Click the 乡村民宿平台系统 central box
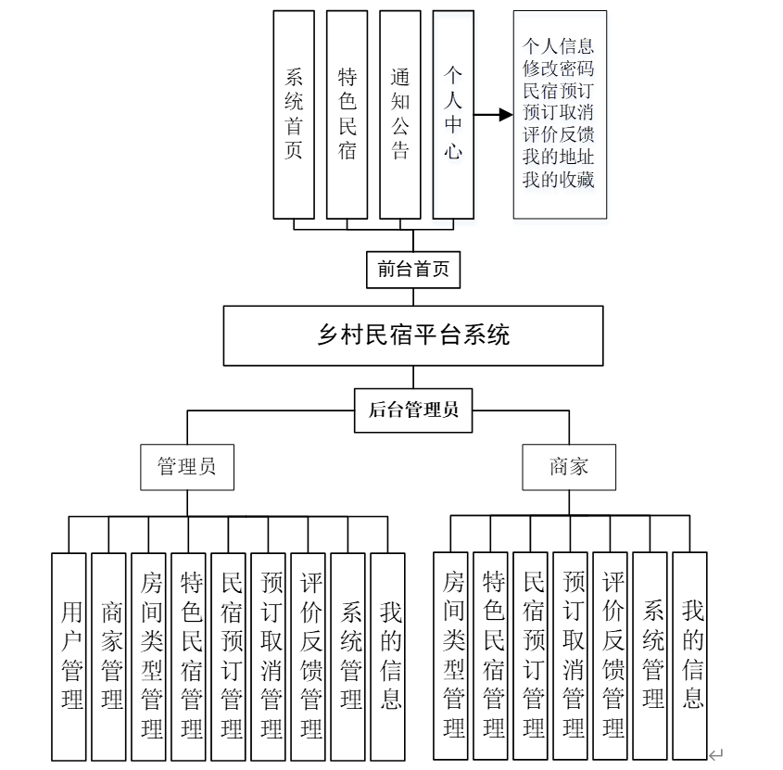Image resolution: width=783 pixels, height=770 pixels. (413, 335)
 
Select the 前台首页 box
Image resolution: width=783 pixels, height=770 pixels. (413, 270)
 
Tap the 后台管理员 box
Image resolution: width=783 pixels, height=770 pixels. (413, 410)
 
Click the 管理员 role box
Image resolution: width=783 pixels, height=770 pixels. (187, 467)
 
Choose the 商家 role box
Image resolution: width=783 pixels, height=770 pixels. (569, 467)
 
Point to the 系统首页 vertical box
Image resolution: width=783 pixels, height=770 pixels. (294, 114)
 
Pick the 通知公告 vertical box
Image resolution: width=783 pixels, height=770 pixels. (400, 114)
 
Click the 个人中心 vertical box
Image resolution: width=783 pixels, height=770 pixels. (453, 114)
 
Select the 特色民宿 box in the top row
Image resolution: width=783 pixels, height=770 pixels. (347, 114)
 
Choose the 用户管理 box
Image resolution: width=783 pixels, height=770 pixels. (69, 656)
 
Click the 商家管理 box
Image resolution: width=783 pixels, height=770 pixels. (109, 656)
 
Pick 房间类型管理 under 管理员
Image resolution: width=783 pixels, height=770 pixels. (149, 656)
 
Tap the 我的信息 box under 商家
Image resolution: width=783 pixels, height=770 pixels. (690, 656)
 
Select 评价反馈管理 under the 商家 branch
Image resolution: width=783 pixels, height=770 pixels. (611, 656)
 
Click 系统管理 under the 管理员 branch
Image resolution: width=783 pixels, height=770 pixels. (348, 656)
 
